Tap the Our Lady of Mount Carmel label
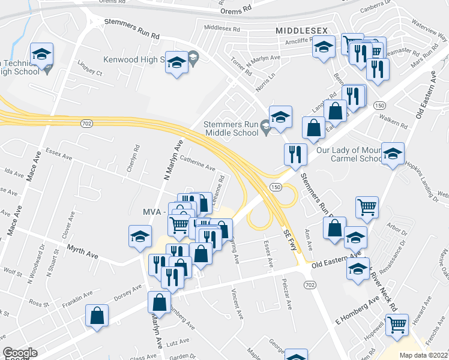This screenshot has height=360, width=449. (x=356, y=154)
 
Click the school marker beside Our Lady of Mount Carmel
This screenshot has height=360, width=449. (x=393, y=154)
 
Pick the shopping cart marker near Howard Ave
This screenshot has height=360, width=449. (x=397, y=325)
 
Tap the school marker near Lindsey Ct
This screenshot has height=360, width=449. (x=41, y=54)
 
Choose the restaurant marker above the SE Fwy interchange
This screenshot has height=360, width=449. (x=295, y=155)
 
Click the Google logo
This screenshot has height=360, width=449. (x=20, y=353)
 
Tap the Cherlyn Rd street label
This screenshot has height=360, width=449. (x=132, y=158)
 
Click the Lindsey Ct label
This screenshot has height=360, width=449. (x=91, y=67)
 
